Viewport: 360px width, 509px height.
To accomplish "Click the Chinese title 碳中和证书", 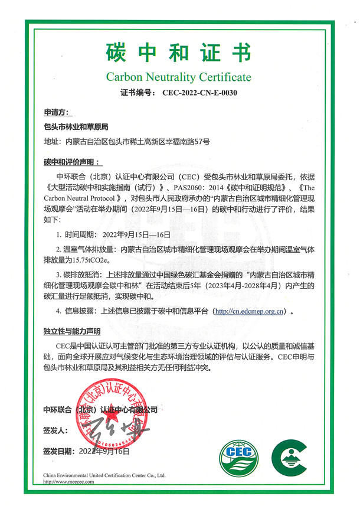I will pyautogui.click(x=179, y=53).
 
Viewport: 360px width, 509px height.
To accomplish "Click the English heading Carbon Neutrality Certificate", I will pyautogui.click(x=179, y=77).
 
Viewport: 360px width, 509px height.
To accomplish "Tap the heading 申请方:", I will pyautogui.click(x=57, y=112).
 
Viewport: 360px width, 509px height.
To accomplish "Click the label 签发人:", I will pyautogui.click(x=56, y=430).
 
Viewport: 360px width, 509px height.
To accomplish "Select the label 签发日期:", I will pyautogui.click(x=60, y=451).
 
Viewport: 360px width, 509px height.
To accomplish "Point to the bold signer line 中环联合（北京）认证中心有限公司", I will pyautogui.click(x=101, y=409).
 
